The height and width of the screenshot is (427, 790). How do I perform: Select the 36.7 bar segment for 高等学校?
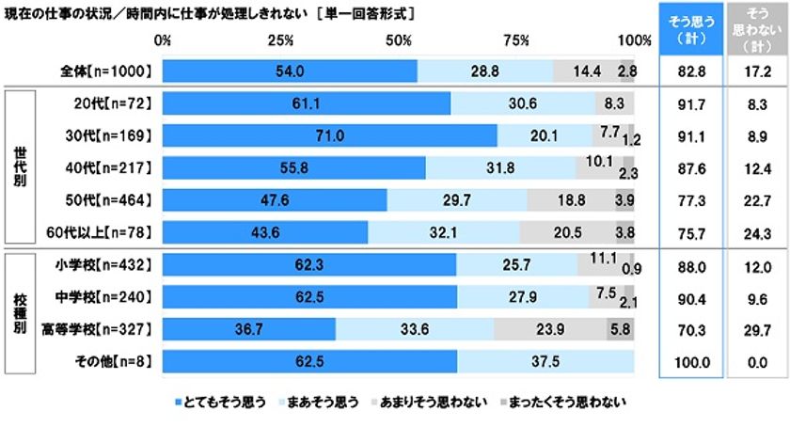(x=249, y=328)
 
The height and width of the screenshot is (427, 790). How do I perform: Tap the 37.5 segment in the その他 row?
(x=545, y=360)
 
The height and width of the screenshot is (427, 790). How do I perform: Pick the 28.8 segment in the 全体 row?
(x=484, y=71)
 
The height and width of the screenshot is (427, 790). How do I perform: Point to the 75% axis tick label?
(x=516, y=40)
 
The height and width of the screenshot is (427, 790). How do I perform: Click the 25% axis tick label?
(x=280, y=40)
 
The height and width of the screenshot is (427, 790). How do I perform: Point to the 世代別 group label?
(x=20, y=167)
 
